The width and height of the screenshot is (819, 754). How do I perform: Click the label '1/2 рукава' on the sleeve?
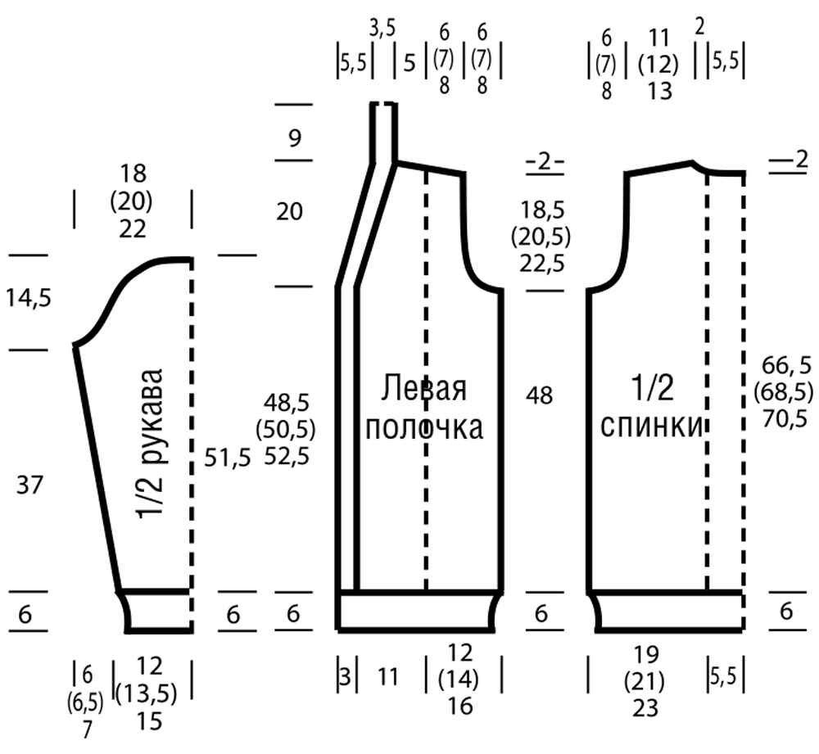click(x=152, y=444)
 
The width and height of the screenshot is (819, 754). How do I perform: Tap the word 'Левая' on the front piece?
click(x=423, y=389)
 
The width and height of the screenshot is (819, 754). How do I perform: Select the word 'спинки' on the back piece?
click(x=652, y=426)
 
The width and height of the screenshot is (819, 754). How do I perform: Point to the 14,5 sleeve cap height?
click(x=29, y=298)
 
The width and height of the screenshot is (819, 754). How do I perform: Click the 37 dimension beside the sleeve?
click(x=29, y=485)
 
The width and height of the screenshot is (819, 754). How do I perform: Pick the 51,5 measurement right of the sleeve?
click(x=228, y=458)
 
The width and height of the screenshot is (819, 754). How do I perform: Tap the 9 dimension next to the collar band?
click(x=295, y=138)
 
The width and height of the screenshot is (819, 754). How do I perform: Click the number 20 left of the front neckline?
click(x=289, y=212)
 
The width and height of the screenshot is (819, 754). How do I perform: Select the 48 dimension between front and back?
click(x=540, y=395)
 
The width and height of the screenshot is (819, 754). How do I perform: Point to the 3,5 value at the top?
click(x=382, y=29)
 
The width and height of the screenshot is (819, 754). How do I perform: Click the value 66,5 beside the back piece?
click(x=786, y=366)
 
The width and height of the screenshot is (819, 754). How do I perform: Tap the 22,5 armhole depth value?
click(x=542, y=263)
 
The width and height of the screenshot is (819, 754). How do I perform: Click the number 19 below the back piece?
click(x=645, y=654)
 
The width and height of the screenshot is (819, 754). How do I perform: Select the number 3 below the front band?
click(x=346, y=677)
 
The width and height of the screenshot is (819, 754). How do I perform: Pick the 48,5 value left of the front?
click(x=287, y=403)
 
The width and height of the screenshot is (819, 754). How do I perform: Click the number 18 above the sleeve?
click(x=133, y=174)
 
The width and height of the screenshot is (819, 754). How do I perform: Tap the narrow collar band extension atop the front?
click(x=384, y=133)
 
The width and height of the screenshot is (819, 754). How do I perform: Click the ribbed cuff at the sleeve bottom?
click(x=156, y=612)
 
